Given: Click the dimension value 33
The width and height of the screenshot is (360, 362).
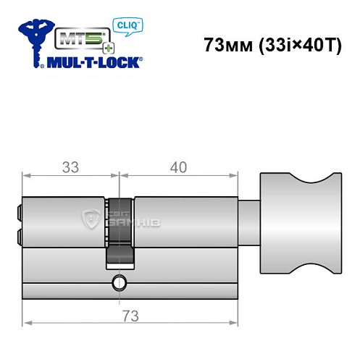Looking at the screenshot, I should pos(70,167).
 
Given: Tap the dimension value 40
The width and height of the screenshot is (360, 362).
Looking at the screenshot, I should pos(177,167).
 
